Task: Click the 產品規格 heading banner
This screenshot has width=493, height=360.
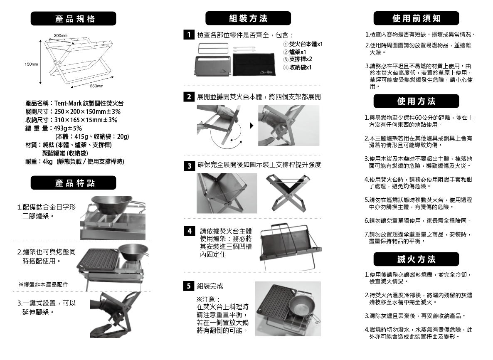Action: tap(73, 19)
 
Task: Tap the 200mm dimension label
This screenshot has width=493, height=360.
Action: tap(60, 35)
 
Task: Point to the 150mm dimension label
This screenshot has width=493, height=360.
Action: tap(31, 64)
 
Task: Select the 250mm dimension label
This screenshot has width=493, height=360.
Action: tap(96, 86)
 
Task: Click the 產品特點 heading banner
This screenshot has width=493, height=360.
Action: tap(73, 182)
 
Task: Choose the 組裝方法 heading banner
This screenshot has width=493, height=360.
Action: tap(248, 18)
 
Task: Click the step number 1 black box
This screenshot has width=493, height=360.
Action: tap(188, 35)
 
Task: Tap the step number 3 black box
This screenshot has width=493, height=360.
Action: tap(189, 166)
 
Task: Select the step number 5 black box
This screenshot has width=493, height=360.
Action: tap(188, 286)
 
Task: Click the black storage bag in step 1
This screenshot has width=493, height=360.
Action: tap(255, 64)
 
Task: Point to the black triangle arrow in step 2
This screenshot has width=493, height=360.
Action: tap(251, 126)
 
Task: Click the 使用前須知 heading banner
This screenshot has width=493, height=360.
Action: tap(416, 18)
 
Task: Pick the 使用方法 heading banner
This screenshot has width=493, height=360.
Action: tap(416, 101)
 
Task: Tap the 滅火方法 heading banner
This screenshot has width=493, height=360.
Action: tap(416, 259)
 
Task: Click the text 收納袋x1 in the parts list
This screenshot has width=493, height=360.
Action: tap(300, 67)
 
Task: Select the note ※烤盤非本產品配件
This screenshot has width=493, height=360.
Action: tap(43, 284)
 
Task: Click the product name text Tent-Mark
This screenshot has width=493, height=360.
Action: tap(68, 103)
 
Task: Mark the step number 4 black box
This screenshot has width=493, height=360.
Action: tap(189, 231)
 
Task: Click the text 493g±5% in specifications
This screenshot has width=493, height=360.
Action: tap(68, 128)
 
